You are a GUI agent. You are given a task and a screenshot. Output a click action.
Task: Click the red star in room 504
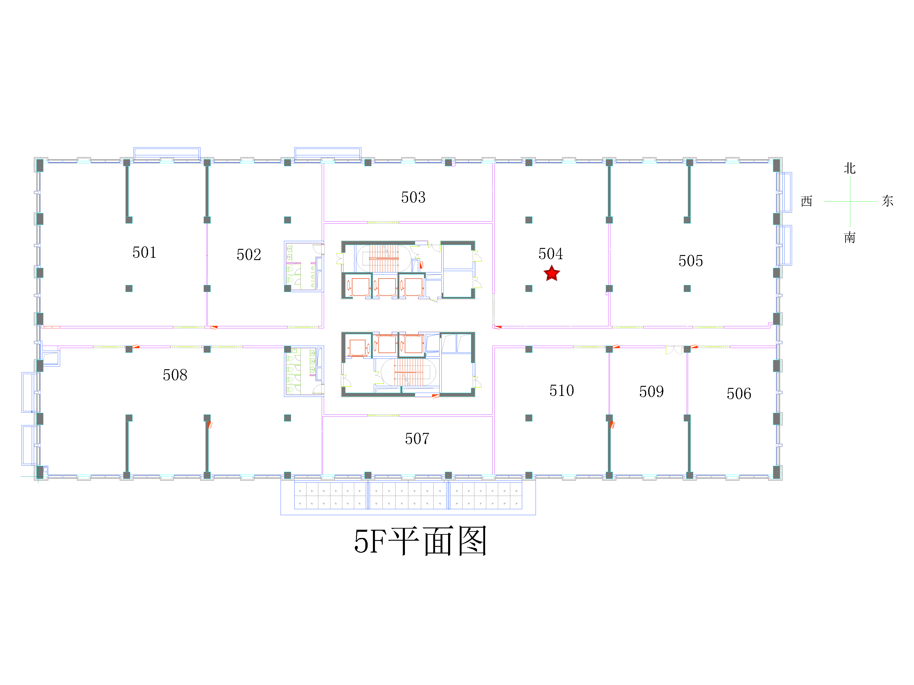point(552,273)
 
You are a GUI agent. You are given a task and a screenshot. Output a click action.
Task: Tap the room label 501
point(144,252)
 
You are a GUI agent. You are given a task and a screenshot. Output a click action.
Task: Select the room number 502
point(249,254)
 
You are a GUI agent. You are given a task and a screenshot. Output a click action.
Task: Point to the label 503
point(413,197)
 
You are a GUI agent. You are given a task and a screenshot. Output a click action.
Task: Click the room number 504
point(550,253)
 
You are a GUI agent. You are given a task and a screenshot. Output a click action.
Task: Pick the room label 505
point(691,261)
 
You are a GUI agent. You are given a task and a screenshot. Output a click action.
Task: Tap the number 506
point(739,393)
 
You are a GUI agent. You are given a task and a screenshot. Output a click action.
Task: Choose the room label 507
point(417,438)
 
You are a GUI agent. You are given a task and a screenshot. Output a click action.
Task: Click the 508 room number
point(175,375)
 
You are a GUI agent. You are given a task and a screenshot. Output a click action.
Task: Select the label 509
point(651,391)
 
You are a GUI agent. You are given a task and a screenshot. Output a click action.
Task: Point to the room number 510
point(562,390)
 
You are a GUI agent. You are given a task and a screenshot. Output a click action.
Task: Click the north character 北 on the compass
point(850,168)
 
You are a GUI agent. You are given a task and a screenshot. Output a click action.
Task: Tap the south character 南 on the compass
point(850,237)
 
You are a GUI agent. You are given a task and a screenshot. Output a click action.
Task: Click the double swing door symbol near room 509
point(674,350)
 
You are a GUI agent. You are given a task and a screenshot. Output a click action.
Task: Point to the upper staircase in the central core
point(384,258)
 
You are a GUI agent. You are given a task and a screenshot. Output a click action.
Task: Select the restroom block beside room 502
point(304,266)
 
